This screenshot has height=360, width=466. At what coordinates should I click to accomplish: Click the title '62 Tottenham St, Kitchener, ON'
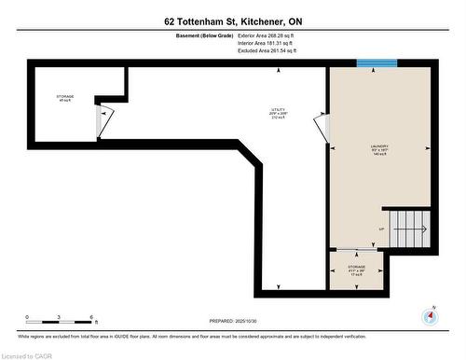pos(232,21)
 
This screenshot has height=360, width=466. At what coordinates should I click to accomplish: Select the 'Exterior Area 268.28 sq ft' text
pos(272,36)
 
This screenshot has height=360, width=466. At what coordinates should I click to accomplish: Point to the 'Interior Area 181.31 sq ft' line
pos(271,44)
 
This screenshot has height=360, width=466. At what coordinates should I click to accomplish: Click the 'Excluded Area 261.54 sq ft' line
pos(272,51)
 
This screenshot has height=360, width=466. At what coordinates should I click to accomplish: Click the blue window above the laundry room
pos(377,63)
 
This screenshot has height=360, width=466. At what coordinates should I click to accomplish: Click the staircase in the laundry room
pos(409,228)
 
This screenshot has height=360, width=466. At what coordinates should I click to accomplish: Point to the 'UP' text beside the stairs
pos(380,228)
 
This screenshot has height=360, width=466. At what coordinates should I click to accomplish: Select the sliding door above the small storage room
pos(357,249)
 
